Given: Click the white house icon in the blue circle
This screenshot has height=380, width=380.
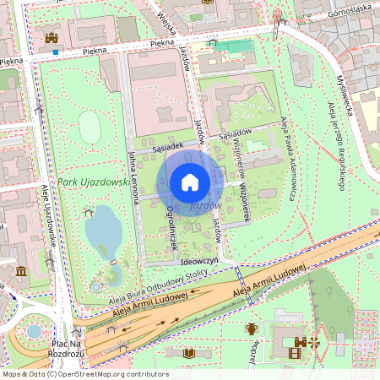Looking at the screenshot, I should tap(190, 182).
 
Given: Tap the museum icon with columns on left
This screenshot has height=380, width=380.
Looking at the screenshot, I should tap(20, 271).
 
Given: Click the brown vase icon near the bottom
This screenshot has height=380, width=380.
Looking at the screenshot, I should tap(251, 328).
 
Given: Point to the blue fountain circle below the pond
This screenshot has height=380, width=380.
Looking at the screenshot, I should tap(97, 287).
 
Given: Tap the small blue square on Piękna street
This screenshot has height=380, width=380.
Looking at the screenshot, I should tap(55, 52).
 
